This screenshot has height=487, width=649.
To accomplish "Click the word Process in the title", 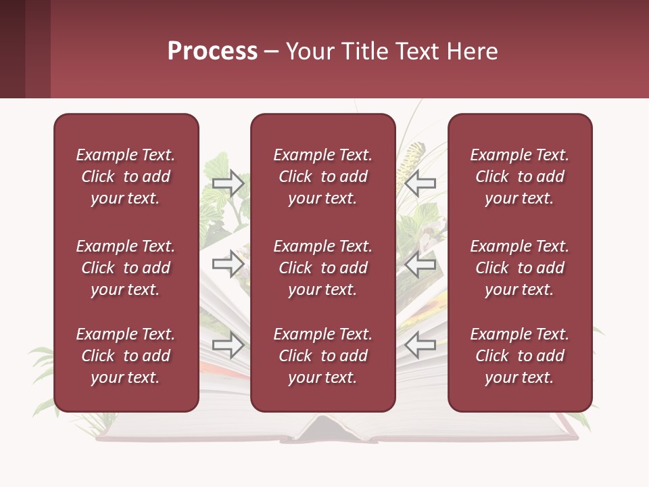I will (212, 51).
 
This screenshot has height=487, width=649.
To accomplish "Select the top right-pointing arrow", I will (228, 183).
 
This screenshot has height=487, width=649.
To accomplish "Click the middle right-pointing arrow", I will (228, 263).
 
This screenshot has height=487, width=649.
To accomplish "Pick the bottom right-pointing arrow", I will (228, 344).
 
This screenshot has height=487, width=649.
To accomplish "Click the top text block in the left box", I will (126, 177).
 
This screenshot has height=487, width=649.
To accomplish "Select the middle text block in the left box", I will (126, 268).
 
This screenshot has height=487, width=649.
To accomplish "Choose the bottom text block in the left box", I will (126, 356).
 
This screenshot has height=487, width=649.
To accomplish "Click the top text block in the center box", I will (322, 177).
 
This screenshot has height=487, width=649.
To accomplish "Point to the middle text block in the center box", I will (322, 268).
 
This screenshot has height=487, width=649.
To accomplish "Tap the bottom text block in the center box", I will (322, 356).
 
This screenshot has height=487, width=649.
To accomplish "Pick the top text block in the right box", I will (520, 177).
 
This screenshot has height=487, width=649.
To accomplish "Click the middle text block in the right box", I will (520, 268).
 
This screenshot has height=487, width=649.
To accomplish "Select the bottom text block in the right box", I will (520, 356).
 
